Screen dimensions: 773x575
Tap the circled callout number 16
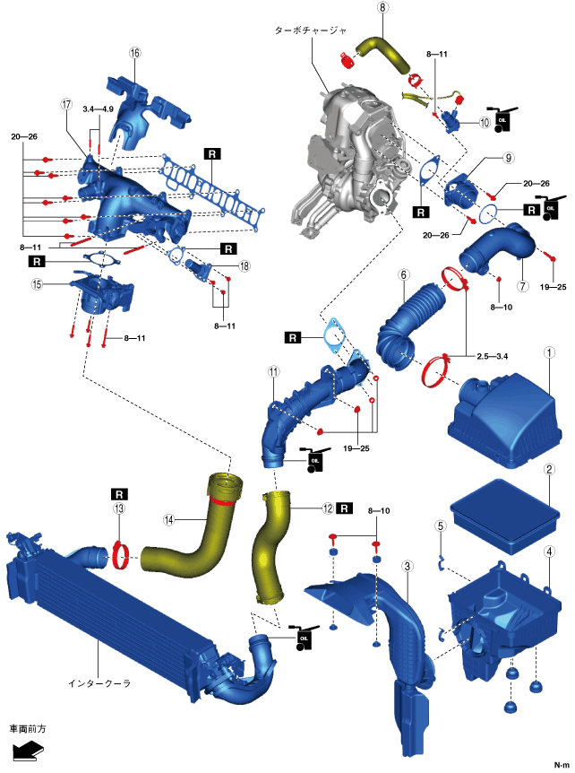(x=135, y=53)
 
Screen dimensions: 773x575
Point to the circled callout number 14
(x=168, y=518)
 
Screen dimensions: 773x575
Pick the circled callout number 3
(x=407, y=566)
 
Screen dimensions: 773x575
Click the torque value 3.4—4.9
(x=98, y=109)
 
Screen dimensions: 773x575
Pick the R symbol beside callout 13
(x=119, y=493)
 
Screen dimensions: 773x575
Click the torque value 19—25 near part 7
(x=554, y=288)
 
